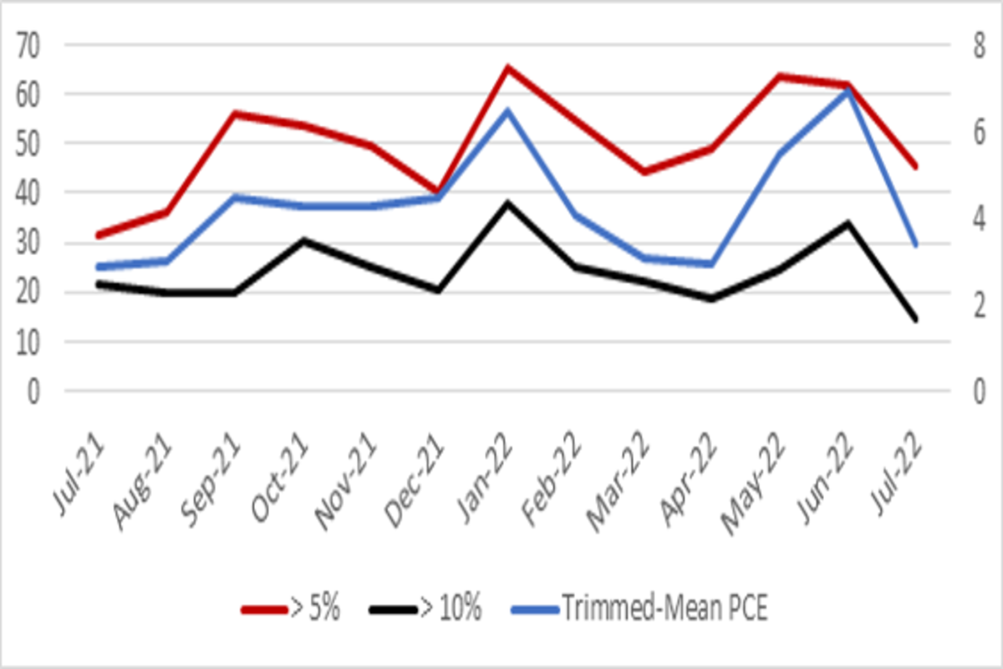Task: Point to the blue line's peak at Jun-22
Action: [848, 90]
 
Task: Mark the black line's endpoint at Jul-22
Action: [916, 319]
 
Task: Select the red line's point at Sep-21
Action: [235, 113]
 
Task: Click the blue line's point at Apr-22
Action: [712, 264]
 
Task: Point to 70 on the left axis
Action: [32, 45]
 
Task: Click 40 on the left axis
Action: [32, 193]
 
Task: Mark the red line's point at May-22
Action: [780, 76]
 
